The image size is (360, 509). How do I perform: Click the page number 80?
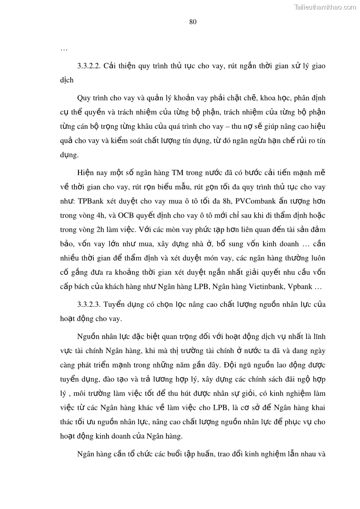pos(192,22)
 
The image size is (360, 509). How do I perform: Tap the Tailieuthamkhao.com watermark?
pos(325,7)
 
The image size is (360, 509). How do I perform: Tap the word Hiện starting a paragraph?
pos(85,173)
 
